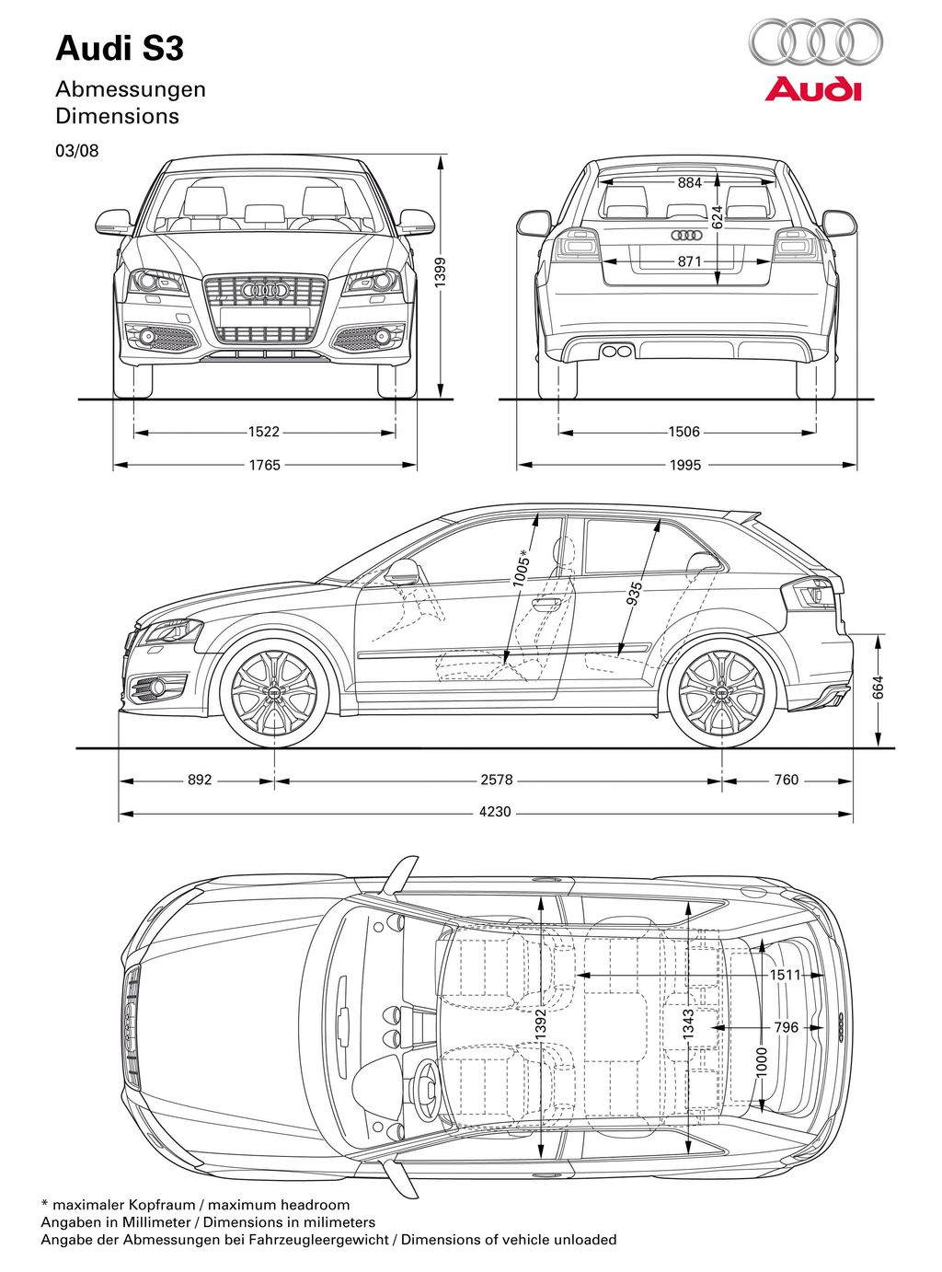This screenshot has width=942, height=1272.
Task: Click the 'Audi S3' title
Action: pyautogui.click(x=120, y=49)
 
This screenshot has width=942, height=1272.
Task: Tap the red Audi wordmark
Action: pyautogui.click(x=813, y=90)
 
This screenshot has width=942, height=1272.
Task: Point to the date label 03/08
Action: pyautogui.click(x=77, y=150)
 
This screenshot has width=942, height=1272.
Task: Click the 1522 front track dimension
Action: pyautogui.click(x=264, y=432)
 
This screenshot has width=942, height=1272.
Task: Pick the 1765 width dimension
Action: pyautogui.click(x=264, y=465)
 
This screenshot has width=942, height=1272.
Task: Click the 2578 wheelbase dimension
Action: pyautogui.click(x=497, y=780)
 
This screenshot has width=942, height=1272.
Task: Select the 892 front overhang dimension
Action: pyautogui.click(x=200, y=780)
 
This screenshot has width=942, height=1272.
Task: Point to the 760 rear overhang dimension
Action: pyautogui.click(x=786, y=780)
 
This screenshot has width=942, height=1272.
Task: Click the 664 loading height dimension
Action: pyautogui.click(x=878, y=688)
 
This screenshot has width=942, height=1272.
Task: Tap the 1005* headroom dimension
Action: pyautogui.click(x=522, y=568)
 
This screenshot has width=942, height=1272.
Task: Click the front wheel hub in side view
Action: pyautogui.click(x=274, y=693)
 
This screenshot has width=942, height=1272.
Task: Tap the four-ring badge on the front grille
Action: pyautogui.click(x=264, y=290)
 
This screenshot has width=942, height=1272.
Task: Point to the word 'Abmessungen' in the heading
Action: pyautogui.click(x=131, y=90)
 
